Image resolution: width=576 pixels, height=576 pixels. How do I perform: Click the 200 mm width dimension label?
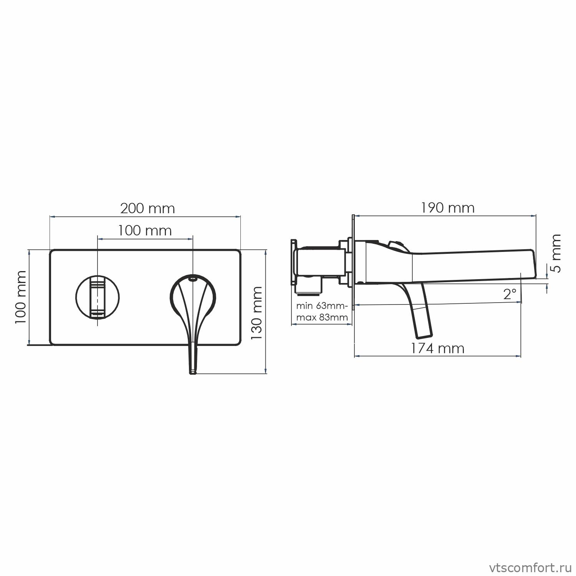pos(147,209)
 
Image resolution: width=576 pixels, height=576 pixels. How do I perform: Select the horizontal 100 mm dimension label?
pos(144,231)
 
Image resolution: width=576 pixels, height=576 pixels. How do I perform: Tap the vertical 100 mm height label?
pos(21,296)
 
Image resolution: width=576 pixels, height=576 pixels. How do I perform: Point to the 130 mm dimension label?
pos(256,313)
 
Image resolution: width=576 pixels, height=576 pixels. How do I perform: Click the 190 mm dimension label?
pos(447,208)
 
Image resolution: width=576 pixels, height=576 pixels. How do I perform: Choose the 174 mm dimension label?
pos(437,348)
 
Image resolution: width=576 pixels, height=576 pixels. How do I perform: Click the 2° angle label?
pos(510,295)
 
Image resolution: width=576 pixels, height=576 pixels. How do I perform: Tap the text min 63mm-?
pos(322,306)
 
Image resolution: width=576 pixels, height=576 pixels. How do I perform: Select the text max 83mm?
pos(322,317)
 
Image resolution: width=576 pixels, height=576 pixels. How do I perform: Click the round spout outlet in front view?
pos(98,297)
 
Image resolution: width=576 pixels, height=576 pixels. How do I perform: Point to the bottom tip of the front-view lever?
pos(193,371)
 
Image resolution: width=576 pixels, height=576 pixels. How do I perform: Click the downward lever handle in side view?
pos(420,311)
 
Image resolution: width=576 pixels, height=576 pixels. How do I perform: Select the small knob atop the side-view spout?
pos(396,244)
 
